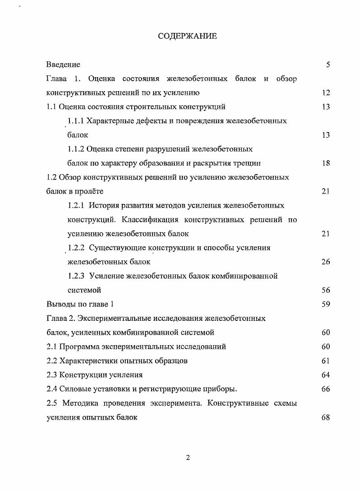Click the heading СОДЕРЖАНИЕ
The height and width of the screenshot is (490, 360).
(x=187, y=36)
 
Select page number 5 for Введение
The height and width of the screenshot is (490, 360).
(x=328, y=65)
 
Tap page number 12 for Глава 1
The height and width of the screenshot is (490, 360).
(x=326, y=93)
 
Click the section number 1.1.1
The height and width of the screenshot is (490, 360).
(x=76, y=121)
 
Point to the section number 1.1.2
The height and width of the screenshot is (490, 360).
(x=76, y=149)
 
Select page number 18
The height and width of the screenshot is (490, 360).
(x=326, y=163)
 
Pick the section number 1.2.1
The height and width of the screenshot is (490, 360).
(x=76, y=205)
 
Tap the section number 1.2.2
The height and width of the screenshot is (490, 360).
(x=76, y=248)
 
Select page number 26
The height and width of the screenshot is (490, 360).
(x=326, y=262)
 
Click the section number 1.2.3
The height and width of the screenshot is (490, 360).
(x=76, y=276)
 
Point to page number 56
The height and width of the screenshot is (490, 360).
(x=326, y=290)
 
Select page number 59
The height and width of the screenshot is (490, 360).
(x=326, y=304)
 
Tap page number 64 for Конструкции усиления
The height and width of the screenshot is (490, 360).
(x=326, y=374)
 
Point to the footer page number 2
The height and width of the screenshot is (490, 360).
(x=188, y=458)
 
